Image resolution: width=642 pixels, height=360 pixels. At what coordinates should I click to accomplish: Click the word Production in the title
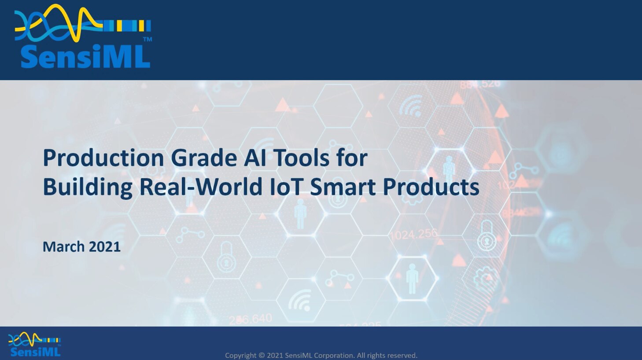[x=103, y=158]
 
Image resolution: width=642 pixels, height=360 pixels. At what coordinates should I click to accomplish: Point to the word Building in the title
[x=87, y=187]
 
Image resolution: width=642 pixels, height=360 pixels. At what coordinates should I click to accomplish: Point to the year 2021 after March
[x=105, y=246]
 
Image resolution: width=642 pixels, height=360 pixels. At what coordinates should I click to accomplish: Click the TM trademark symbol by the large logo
[x=148, y=40]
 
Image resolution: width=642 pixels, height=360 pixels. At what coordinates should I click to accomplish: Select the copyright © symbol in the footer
[x=262, y=355]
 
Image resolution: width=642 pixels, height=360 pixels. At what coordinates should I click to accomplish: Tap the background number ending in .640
[x=251, y=319]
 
